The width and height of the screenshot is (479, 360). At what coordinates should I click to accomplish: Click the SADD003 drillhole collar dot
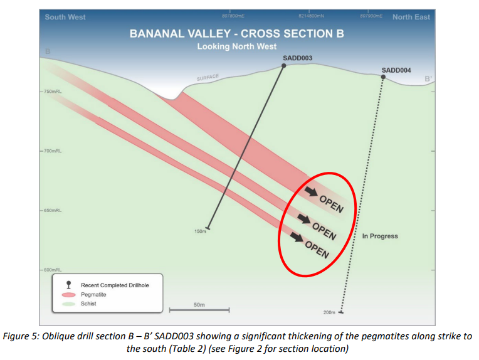[x=283, y=66]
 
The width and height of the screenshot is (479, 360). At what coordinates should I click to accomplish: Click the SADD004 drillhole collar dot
[x=383, y=77]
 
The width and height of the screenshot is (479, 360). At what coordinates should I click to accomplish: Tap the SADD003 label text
[x=297, y=58]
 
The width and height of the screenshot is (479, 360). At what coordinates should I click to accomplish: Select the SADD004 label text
[x=396, y=70]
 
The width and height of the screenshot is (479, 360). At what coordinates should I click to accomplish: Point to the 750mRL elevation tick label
[x=53, y=92]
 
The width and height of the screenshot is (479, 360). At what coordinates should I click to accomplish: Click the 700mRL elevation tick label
[x=53, y=151]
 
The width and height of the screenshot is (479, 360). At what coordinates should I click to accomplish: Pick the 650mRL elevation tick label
[x=53, y=211]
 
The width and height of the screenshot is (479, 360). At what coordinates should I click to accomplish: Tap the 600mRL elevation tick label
[x=53, y=270]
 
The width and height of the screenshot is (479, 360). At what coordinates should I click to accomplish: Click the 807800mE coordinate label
[x=233, y=16]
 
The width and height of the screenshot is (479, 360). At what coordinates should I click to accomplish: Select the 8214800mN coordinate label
[x=312, y=16]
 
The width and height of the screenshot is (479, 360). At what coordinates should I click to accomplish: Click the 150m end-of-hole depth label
[x=200, y=231]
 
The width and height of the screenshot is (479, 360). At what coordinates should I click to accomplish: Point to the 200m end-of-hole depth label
[x=329, y=312]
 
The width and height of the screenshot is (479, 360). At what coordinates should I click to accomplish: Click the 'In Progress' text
[x=380, y=236]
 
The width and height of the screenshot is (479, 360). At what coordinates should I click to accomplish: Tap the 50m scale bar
[x=199, y=310]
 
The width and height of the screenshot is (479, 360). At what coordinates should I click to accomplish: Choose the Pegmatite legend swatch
[x=69, y=295]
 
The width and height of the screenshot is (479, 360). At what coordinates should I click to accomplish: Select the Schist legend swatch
[x=69, y=304]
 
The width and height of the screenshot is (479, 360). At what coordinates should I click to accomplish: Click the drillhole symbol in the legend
[x=69, y=285]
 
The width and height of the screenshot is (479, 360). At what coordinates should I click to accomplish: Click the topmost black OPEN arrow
[x=311, y=192]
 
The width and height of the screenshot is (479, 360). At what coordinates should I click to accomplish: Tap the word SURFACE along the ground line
[x=208, y=78]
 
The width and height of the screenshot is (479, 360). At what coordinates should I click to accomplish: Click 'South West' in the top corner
[x=65, y=17]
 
